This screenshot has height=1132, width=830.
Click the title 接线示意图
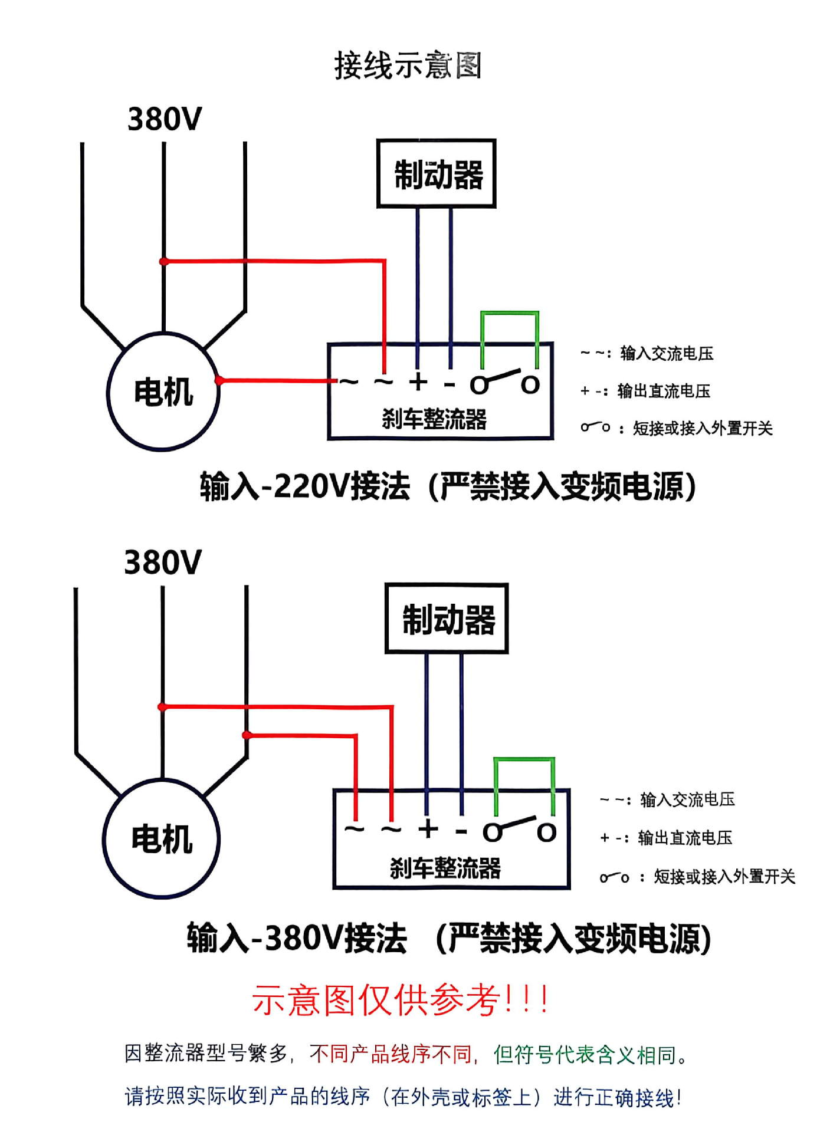coord(408,65)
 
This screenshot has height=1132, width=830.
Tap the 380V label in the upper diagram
coord(165,119)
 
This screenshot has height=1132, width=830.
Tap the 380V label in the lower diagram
coord(163,562)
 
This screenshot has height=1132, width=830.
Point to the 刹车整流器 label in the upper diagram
coord(434,419)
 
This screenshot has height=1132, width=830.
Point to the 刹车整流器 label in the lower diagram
coord(445,868)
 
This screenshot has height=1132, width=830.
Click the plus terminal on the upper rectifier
coord(418,382)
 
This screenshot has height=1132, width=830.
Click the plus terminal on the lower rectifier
coord(428,829)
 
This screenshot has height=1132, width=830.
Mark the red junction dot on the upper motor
coord(219,380)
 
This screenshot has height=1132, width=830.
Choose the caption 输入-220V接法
coord(305,487)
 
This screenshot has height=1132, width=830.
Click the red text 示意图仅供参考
coord(376,1000)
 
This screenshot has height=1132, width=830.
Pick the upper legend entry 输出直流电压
coord(664,391)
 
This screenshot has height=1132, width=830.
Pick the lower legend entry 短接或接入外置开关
coord(724,877)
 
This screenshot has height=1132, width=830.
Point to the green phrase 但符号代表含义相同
coord(585,1054)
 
